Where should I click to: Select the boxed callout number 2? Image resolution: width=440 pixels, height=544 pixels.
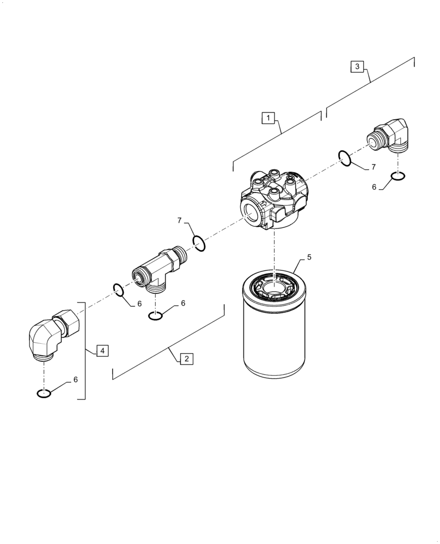point(186,358)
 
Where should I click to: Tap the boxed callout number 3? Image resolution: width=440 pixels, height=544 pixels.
point(357,66)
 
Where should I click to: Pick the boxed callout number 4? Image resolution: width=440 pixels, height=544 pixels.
point(102,350)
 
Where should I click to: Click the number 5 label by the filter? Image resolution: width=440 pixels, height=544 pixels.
point(309,257)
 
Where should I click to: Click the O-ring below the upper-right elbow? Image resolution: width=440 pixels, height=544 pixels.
point(398,176)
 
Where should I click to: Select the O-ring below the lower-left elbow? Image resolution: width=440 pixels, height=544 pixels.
point(44,393)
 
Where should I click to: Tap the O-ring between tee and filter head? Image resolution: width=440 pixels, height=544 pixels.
point(199,243)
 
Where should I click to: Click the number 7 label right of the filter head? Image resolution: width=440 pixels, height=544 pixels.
point(374,167)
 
